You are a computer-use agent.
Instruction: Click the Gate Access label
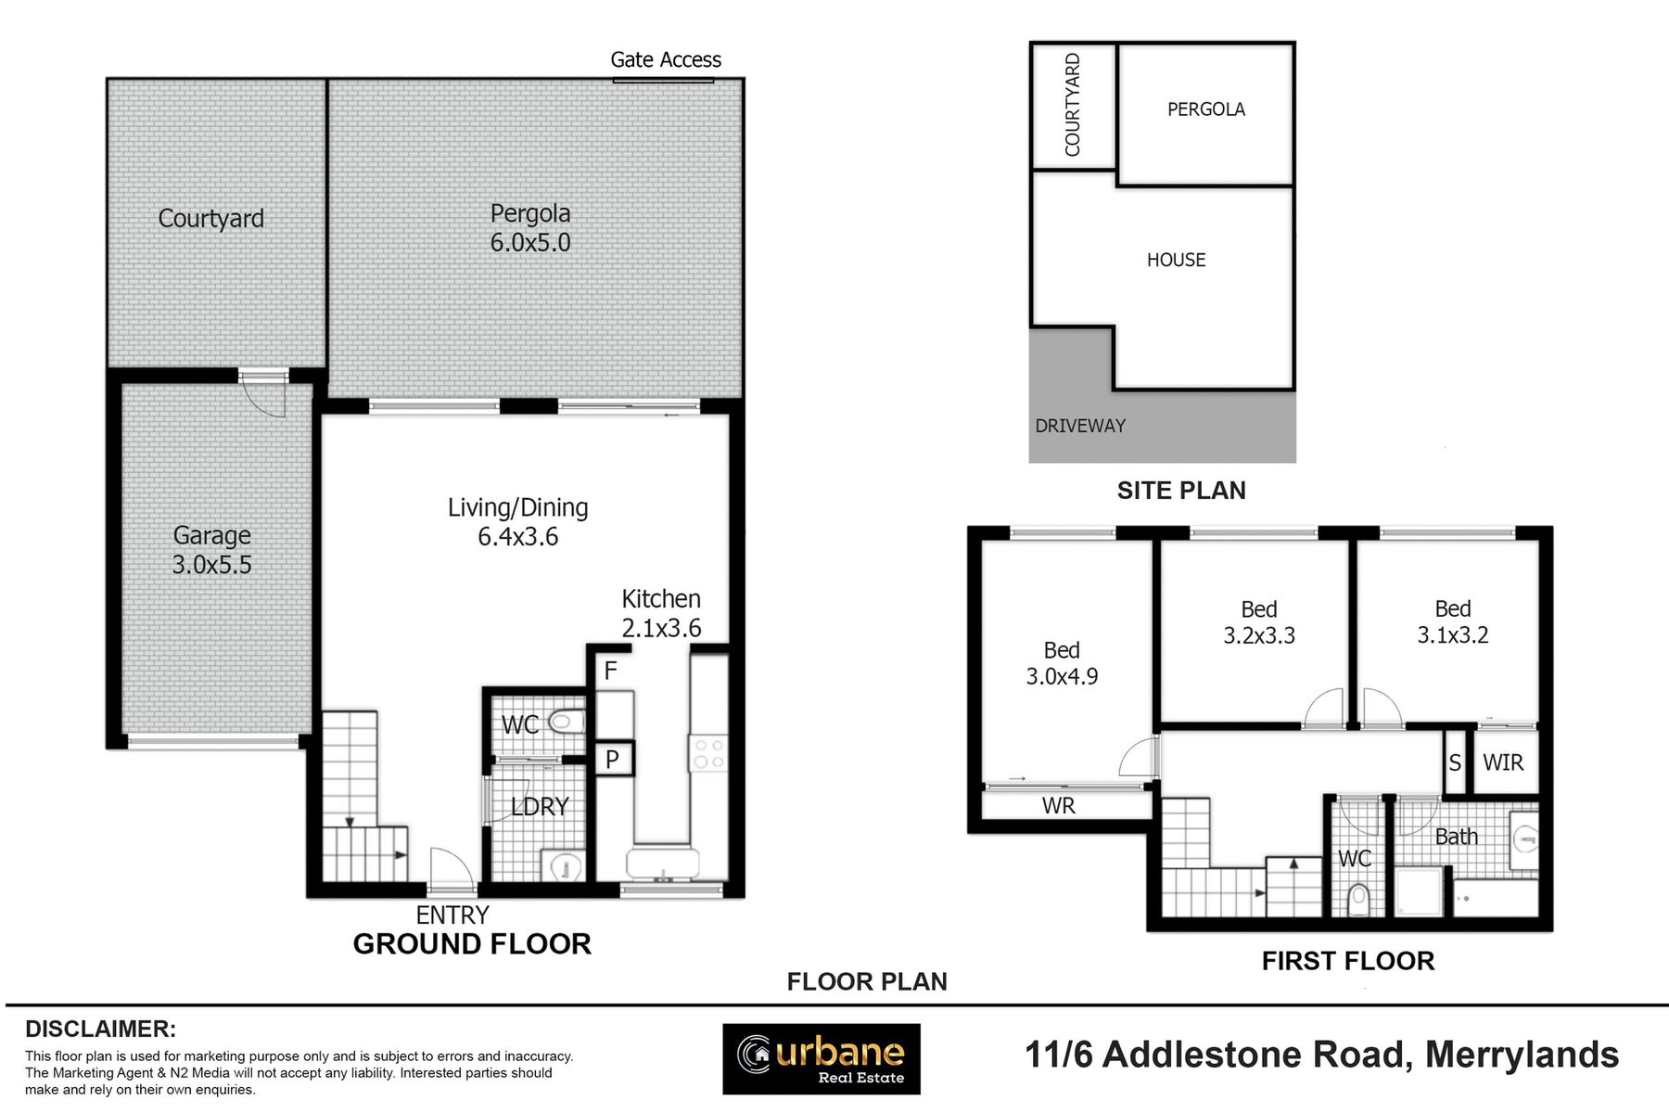pos(666,60)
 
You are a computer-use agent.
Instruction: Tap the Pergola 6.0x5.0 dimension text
pos(530,243)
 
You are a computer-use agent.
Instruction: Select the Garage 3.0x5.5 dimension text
pos(211,565)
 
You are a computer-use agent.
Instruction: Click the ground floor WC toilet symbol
pos(566,721)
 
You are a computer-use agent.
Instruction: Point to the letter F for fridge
pos(610,671)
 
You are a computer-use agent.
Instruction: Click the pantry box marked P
pos(613,760)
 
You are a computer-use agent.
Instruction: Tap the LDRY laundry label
pos(541,807)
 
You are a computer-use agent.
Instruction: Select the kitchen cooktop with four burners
pos(708,753)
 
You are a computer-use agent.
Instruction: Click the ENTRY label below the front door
pos(452,915)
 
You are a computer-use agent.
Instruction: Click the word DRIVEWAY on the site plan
pos(1080,426)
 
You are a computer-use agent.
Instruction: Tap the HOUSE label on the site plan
pos(1177,261)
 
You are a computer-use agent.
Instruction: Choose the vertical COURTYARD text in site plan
pos(1073,105)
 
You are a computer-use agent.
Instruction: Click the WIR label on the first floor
pos(1503,762)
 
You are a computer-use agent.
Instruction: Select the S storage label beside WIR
pos(1455,762)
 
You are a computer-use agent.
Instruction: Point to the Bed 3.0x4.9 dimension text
pos(1062,677)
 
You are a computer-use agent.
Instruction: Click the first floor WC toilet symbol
pos(1358,899)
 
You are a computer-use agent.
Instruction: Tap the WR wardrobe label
pos(1059,806)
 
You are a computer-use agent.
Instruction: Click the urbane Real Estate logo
pos(822,1059)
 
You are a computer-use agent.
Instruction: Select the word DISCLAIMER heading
pos(100,1030)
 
